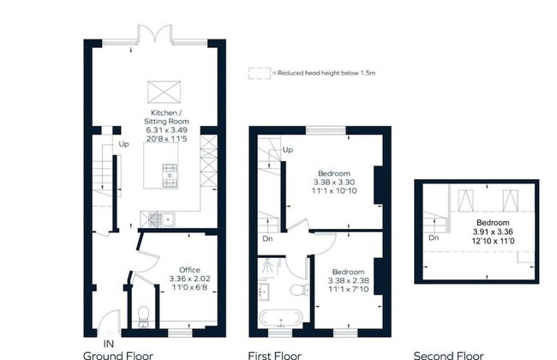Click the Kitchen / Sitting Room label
[x=166, y=117]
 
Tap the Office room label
[x=189, y=270]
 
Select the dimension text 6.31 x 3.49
[x=166, y=130]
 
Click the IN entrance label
[x=108, y=344]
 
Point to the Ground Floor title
[x=118, y=356]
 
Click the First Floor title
[x=274, y=356]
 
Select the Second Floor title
[x=448, y=356]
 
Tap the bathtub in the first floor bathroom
[x=280, y=318]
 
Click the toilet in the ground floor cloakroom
[x=143, y=314]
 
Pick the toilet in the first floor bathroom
[x=299, y=290]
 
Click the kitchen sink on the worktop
[x=168, y=219]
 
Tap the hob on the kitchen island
[x=170, y=176]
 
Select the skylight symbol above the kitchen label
[x=164, y=92]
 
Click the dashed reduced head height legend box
[x=260, y=73]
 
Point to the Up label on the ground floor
[x=123, y=144]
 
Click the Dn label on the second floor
[x=434, y=237]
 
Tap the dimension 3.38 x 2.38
[x=348, y=280]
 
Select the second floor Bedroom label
[x=493, y=223]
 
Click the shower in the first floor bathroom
[x=269, y=267]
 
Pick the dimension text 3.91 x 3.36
[x=493, y=232]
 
